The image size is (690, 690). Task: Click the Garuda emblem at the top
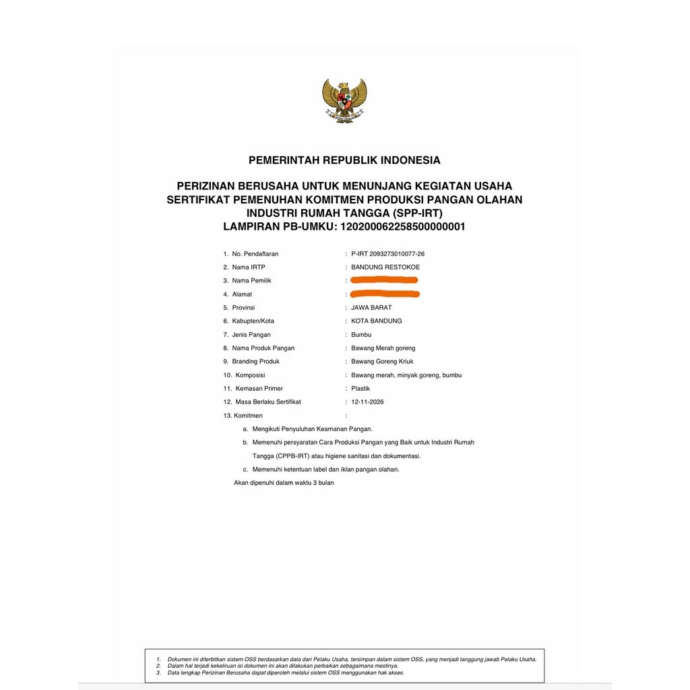point(344,100)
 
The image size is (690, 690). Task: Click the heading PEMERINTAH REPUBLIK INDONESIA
point(344,160)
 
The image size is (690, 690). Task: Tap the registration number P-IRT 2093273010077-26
point(387,254)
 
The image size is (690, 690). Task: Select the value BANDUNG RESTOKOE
point(385,268)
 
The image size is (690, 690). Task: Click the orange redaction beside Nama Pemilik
point(385,280)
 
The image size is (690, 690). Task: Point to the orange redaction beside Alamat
point(385,293)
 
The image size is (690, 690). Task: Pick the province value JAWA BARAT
point(371,308)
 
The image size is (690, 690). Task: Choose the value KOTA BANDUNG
point(377,321)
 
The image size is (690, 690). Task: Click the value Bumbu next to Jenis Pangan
point(361,335)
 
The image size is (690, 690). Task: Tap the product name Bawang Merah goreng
point(383,348)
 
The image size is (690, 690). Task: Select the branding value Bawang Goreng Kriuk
point(383,362)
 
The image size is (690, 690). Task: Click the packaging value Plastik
point(360,389)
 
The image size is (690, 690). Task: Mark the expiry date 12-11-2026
point(368,402)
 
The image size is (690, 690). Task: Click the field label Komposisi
point(250,375)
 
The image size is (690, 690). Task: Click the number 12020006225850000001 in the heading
point(403,227)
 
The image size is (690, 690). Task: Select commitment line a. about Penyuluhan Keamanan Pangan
point(312,429)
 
